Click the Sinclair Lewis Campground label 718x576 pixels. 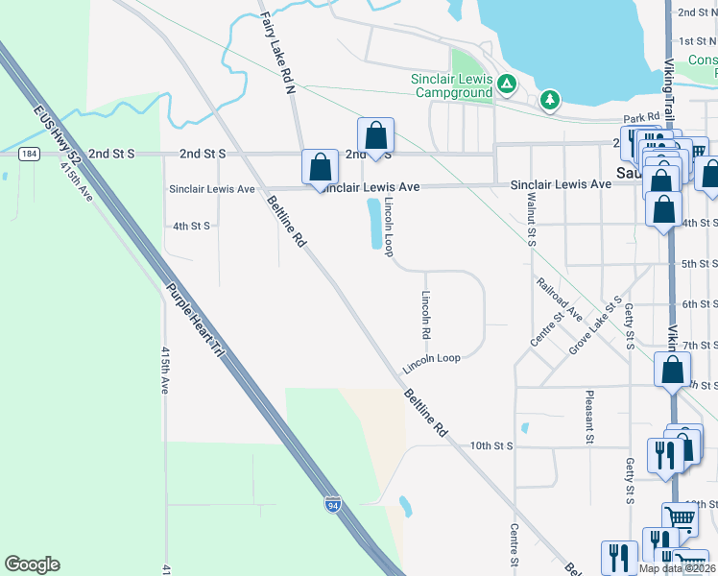(x=450, y=85)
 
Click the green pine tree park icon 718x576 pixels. (x=549, y=99)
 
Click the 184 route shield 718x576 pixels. (x=30, y=154)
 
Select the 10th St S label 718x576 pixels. (x=492, y=446)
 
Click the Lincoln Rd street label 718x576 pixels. (x=425, y=316)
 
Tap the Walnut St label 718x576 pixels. (x=531, y=220)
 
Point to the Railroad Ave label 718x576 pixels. (x=560, y=300)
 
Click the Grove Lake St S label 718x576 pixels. (x=593, y=325)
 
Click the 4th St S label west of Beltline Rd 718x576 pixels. (x=190, y=226)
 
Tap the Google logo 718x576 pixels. (x=32, y=564)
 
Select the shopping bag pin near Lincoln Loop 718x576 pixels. (x=375, y=134)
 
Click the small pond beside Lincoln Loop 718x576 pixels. (x=374, y=224)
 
